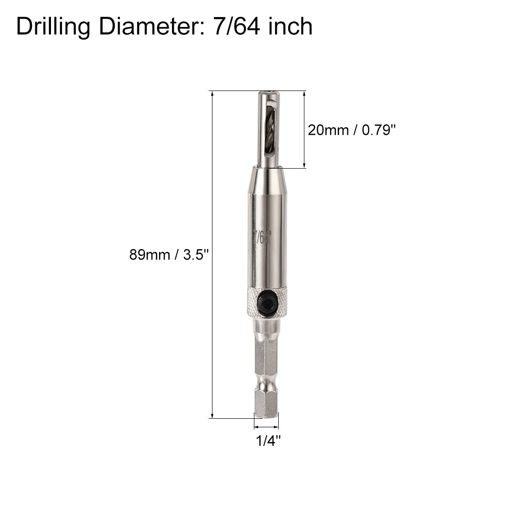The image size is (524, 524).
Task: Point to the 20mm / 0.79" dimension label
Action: click(352, 130)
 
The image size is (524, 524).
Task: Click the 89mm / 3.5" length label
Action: click(170, 255)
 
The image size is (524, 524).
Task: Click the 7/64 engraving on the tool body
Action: click(262, 236)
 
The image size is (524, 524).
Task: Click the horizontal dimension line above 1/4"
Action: click(266, 426)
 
